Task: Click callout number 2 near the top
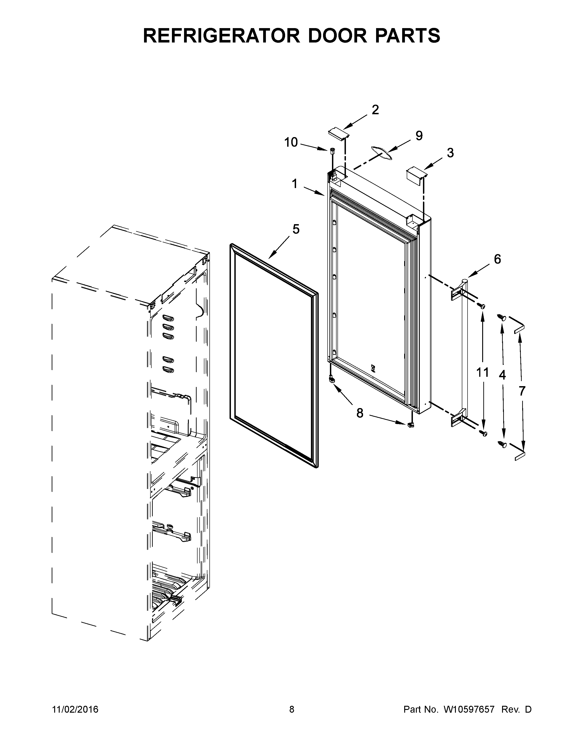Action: coord(375,110)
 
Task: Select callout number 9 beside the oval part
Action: coord(419,136)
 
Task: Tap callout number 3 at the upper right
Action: coord(450,153)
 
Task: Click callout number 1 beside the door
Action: coord(295,184)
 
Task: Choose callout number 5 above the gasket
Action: coord(296,229)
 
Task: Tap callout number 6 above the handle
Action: coord(497,259)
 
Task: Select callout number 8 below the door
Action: coord(360,413)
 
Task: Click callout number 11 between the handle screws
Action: coord(482,372)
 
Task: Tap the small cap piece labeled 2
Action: coord(337,133)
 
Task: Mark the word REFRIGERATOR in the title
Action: coord(221,36)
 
